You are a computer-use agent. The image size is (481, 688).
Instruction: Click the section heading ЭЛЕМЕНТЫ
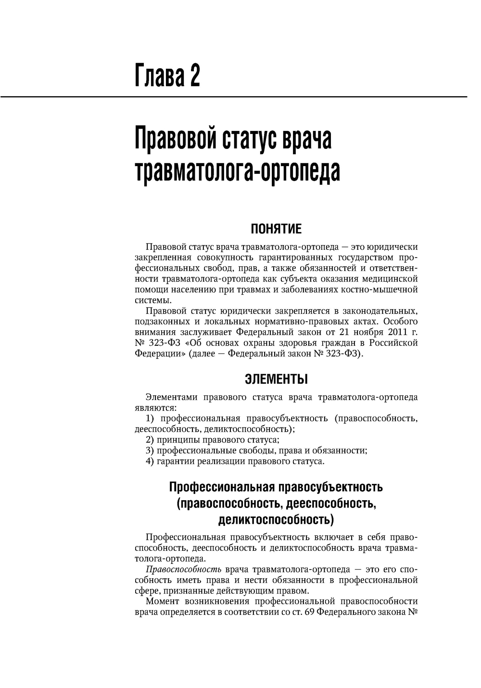(276, 379)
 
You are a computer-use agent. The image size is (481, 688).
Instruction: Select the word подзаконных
(162, 322)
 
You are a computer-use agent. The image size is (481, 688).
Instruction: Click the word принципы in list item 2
(178, 440)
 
